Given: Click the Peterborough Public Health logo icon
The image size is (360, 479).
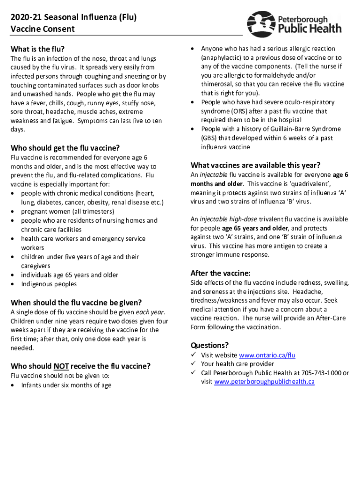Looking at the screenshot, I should pos(260,24).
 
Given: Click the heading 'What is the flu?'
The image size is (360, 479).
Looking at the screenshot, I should pos(37,49).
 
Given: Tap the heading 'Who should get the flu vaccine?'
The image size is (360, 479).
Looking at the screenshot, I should pos(65,147).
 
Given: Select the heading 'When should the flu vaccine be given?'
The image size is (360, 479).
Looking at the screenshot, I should pos(76,302).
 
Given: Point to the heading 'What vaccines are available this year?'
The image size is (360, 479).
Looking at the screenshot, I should pos(255,165).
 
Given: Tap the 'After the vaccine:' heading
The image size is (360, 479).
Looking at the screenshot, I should pos(220,273).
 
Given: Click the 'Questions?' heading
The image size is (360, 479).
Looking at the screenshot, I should pos(209,345).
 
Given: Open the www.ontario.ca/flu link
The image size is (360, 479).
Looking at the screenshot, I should pos(267,355).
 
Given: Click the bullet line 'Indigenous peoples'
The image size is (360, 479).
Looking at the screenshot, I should pos(49,284).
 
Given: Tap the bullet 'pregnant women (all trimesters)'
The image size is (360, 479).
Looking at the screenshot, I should pos(67,211).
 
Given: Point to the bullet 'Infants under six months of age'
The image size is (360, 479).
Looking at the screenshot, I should pos(66,385).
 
